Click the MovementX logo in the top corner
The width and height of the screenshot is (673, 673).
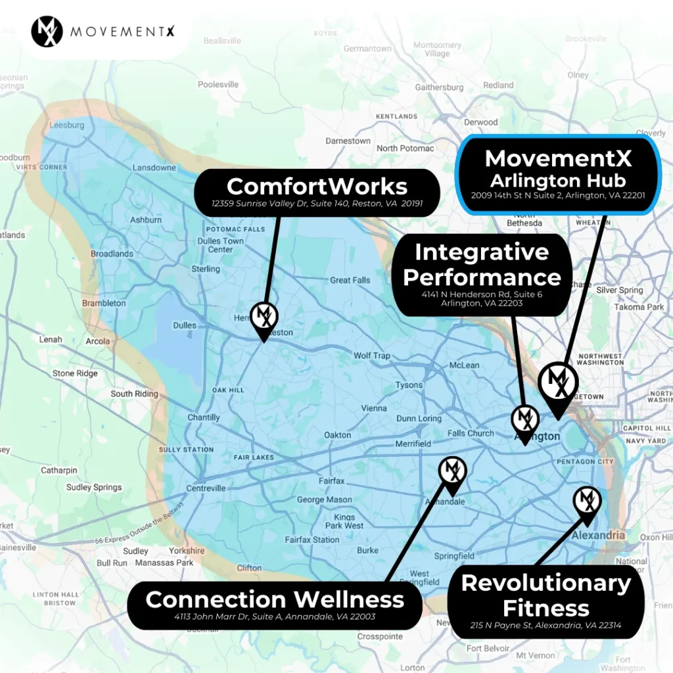(47, 32)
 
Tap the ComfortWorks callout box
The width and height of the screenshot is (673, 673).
(317, 192)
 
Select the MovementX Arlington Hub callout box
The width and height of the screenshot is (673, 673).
(557, 174)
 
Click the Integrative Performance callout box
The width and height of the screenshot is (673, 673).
(482, 274)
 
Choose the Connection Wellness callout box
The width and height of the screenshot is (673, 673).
(275, 605)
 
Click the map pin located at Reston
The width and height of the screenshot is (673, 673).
(264, 318)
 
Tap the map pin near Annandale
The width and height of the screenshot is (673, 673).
(452, 472)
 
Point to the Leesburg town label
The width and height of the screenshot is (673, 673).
(67, 125)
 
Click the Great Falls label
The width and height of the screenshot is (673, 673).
(350, 280)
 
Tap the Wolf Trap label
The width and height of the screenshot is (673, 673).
(372, 356)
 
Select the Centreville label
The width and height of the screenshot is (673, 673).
(206, 488)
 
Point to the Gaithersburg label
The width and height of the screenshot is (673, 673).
(439, 87)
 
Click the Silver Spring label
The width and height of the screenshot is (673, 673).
(619, 290)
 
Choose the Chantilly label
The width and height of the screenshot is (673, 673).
(204, 417)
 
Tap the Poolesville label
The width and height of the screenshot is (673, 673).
(218, 84)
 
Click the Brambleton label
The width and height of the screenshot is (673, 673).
(104, 303)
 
